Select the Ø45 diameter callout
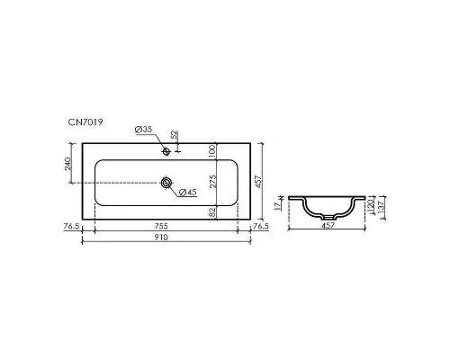(187, 192)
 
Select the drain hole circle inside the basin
(167, 183)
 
